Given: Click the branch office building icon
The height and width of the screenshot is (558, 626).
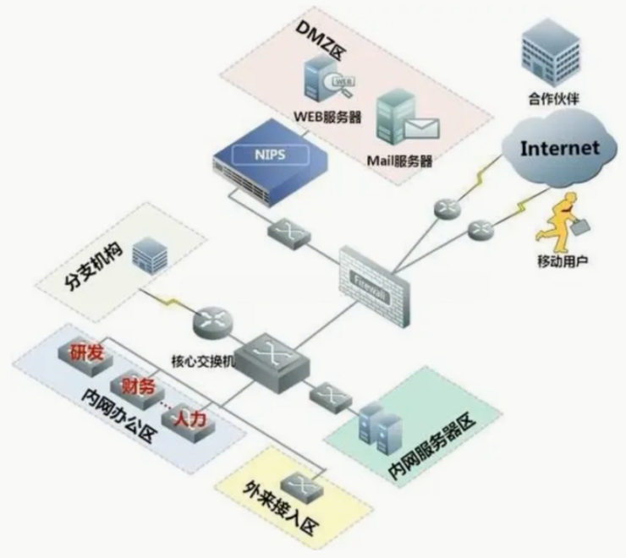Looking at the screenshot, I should tap(149, 254).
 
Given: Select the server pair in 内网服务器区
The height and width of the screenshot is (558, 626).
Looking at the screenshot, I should tap(378, 426).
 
